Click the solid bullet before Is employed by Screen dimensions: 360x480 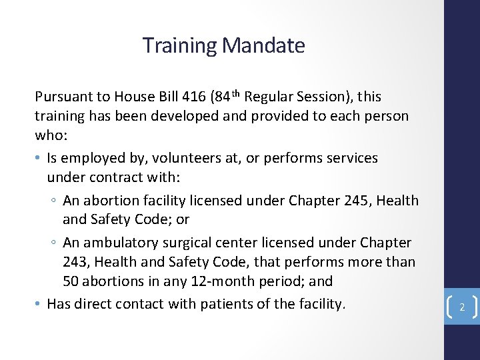39,159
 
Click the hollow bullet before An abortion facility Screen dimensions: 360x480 55,201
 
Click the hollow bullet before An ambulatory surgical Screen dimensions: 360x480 55,243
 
